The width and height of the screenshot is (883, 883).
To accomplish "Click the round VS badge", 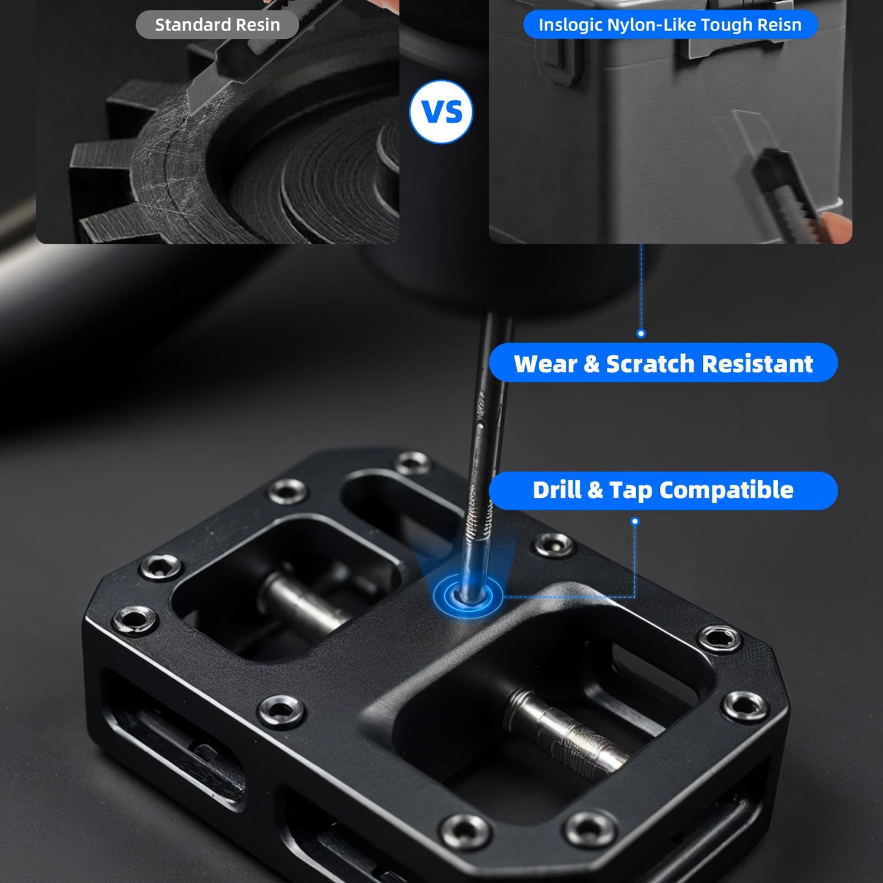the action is click(x=441, y=112).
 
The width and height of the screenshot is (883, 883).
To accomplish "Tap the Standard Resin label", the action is click(x=217, y=25).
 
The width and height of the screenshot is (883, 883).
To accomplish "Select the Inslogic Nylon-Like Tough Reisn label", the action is click(x=670, y=25).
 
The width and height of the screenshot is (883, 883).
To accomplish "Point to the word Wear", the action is click(x=545, y=364).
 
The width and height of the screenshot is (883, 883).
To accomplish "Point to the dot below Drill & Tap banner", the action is click(x=635, y=521).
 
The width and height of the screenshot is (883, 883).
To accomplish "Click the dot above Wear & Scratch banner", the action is click(x=641, y=334).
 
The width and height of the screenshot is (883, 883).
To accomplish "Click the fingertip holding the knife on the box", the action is click(x=835, y=227).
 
